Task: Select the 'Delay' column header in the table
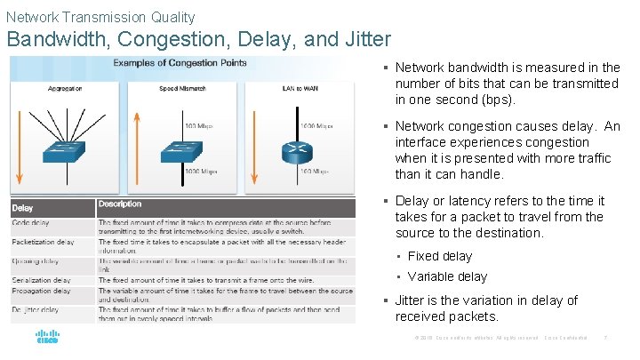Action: coord(23,208)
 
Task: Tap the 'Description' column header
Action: coord(120,204)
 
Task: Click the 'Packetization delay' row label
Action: coord(43,242)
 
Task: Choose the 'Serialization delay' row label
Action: coord(41,280)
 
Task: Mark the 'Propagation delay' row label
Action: coord(41,291)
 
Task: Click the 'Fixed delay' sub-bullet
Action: coord(440,256)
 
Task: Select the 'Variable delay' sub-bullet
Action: coord(447,276)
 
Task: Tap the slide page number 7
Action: coord(604,339)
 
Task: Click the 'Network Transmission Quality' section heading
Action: coord(100,17)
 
